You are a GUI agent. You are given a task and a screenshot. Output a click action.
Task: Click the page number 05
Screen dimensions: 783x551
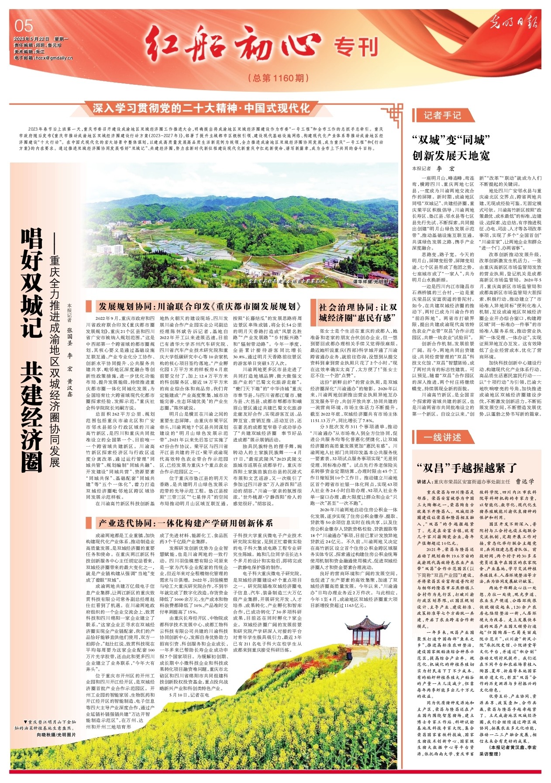click(24, 26)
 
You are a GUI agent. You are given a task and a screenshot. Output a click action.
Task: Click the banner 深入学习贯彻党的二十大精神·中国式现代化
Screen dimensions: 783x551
click(201, 108)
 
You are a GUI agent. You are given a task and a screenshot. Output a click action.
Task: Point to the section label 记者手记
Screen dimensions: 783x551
click(442, 115)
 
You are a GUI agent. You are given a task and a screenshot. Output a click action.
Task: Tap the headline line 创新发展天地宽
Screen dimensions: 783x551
click(451, 156)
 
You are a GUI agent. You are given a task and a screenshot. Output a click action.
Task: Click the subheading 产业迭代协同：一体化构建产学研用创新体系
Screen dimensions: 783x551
click(185, 523)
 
